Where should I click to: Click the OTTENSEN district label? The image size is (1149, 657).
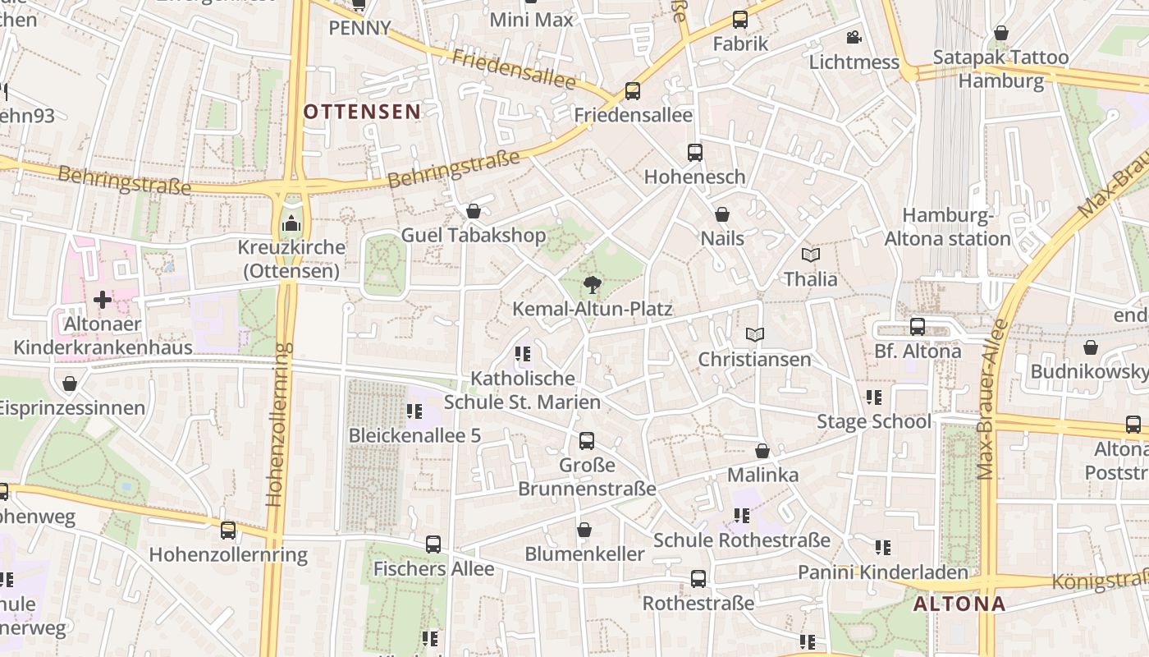362,112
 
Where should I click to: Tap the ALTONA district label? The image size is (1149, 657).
959,604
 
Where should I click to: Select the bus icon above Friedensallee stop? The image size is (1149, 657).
632,91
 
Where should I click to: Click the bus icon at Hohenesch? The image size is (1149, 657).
694,152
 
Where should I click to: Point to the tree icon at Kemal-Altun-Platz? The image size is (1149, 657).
591,285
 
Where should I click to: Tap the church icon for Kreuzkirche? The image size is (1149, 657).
291,223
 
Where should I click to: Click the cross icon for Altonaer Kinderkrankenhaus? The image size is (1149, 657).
103,300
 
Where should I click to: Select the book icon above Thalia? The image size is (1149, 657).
811,255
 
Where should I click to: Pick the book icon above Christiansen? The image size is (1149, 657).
754,335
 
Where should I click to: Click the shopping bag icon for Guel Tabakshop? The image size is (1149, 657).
473,212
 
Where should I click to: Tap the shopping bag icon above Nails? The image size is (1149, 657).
722,214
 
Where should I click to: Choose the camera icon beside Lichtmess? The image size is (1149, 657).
854,38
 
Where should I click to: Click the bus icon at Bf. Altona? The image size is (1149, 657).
917,327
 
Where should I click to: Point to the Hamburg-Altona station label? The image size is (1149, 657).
947,227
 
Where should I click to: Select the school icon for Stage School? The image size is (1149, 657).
873,397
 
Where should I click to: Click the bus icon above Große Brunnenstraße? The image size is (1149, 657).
586,441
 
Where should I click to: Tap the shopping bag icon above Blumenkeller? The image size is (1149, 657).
584,530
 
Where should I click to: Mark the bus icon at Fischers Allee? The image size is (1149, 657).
433,544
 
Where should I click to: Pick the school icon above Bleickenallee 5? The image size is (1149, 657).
414,411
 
